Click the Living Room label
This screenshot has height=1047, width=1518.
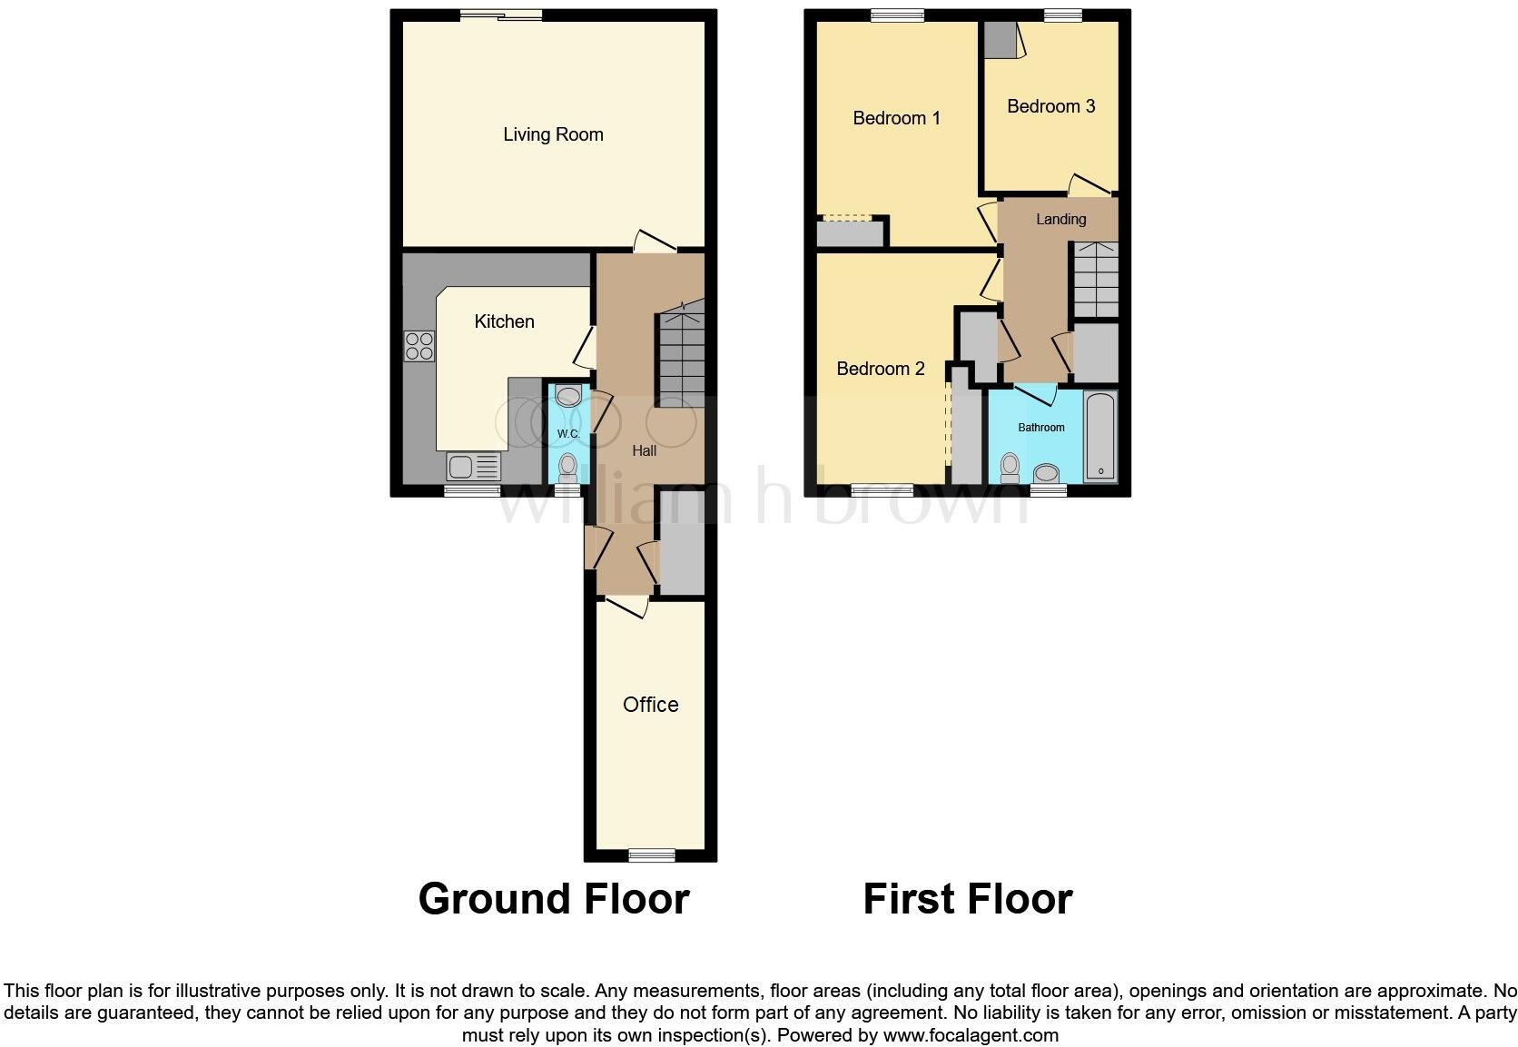553,134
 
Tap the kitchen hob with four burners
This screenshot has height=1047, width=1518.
419,346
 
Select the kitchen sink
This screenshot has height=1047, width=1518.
473,467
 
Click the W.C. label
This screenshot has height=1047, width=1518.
568,433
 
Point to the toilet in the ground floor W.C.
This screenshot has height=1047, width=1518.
568,467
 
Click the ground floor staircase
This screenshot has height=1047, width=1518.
681,354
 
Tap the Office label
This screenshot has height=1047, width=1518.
650,705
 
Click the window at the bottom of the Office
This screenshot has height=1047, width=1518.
652,854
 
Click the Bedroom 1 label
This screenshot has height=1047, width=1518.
896,118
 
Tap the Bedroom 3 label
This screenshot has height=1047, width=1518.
1050,106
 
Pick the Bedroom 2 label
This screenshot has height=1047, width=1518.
880,369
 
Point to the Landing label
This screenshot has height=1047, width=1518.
1060,219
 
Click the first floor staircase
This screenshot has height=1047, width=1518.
1096,280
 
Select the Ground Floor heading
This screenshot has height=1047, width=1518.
553,899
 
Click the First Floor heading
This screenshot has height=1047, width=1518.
967,899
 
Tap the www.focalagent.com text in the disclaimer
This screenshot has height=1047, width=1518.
971,1034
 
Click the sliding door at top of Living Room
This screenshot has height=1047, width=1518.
500,15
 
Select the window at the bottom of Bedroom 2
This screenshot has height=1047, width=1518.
882,490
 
